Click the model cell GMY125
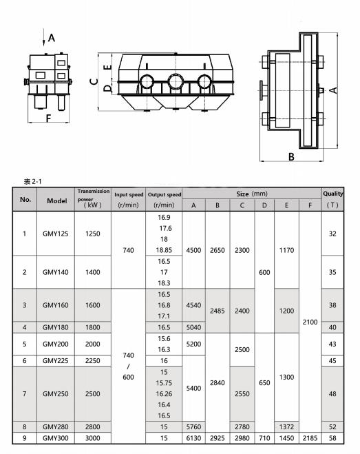pos(56,234)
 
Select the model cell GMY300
pos(56,437)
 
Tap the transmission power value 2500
pos(92,393)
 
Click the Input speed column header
pos(128,199)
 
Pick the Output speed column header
pos(165,199)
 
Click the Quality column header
pos(333,199)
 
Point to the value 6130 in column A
pos(193,437)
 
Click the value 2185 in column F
pos(310,437)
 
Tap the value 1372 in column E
pos(286,427)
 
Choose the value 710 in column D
pos(264,437)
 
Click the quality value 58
pos(333,437)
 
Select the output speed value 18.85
pos(165,250)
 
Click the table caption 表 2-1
pos(33,180)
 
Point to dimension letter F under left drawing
pos(48,118)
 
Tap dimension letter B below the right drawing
pos(291,156)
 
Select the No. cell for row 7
pos(25,393)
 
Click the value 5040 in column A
pos(193,327)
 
